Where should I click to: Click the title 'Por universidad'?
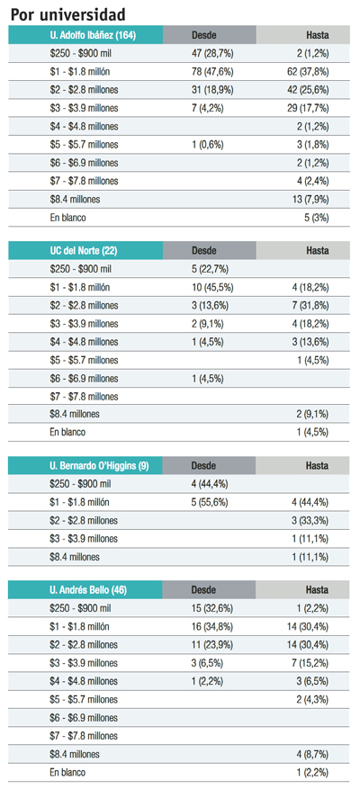pyautogui.click(x=68, y=14)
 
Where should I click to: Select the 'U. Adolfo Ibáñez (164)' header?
pyautogui.click(x=93, y=35)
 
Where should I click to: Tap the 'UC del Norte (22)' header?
pyautogui.click(x=84, y=250)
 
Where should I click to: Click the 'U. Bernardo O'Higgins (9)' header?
pyautogui.click(x=99, y=466)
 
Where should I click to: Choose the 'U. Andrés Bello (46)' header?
pyautogui.click(x=88, y=590)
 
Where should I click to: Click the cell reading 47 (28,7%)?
pyautogui.click(x=212, y=53)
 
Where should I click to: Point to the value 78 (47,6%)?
pyautogui.click(x=212, y=71)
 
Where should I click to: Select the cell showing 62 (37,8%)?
pyautogui.click(x=308, y=71)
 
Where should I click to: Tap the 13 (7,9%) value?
pyautogui.click(x=310, y=200)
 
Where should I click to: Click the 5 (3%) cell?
pyautogui.click(x=317, y=218)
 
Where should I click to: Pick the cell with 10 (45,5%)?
pyautogui.click(x=212, y=287)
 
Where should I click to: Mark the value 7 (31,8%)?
pyautogui.click(x=310, y=305)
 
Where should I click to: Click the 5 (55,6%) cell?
pyautogui.click(x=210, y=502)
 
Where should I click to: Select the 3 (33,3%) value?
pyautogui.click(x=310, y=521)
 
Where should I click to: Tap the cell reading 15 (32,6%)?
pyautogui.click(x=212, y=608)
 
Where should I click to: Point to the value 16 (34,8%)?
pyautogui.click(x=212, y=626)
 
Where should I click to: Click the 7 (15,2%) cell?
pyautogui.click(x=310, y=663)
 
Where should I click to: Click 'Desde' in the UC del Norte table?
pyautogui.click(x=203, y=250)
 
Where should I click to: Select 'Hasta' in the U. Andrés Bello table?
pyautogui.click(x=317, y=590)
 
